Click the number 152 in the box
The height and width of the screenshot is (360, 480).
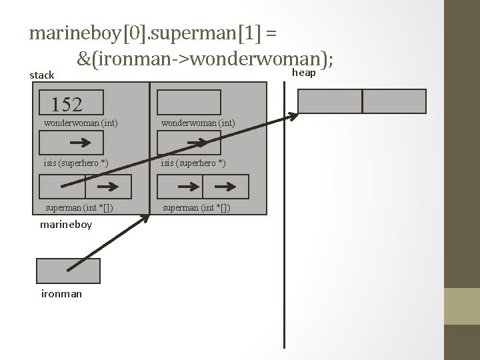click(x=67, y=104)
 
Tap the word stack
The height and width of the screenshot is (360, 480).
click(x=42, y=75)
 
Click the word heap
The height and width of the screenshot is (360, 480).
click(x=304, y=72)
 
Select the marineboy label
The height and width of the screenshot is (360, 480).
click(x=66, y=225)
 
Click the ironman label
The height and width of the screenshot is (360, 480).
click(x=61, y=293)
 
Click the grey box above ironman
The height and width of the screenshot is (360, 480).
click(x=68, y=271)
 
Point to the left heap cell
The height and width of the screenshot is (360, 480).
click(x=329, y=101)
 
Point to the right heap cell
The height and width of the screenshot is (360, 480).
click(x=394, y=101)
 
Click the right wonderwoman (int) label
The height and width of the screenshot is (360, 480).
click(x=197, y=123)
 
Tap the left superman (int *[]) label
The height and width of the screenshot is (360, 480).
click(x=78, y=207)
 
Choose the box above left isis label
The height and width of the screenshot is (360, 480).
click(x=72, y=143)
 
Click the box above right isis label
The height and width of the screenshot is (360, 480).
click(x=189, y=143)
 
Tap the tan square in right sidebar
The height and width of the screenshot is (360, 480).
click(x=462, y=306)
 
